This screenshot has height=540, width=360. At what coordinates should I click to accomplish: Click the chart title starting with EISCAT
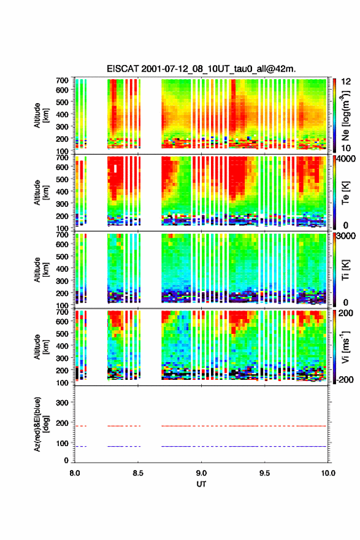coord(201,69)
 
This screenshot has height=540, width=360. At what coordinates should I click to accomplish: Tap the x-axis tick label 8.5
coord(137,473)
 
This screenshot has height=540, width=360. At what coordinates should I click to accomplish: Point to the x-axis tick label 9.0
coord(201,473)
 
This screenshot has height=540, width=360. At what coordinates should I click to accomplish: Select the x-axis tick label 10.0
coord(328,473)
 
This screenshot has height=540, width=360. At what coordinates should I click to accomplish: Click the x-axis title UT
coord(201,484)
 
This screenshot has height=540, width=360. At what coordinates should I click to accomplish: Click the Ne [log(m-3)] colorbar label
coord(345,116)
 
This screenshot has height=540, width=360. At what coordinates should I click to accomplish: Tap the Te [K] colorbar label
coord(345,193)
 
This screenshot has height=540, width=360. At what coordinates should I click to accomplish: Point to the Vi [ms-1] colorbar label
coord(345,347)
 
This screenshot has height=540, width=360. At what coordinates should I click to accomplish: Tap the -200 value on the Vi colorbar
coord(345,380)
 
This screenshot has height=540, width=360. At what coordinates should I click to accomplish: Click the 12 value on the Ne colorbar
coord(346,82)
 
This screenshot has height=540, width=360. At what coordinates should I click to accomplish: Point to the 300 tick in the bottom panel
coord(62,403)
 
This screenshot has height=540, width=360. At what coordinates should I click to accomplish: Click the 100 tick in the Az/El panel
coord(62,443)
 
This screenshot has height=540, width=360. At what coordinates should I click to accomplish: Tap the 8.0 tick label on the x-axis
coord(75,473)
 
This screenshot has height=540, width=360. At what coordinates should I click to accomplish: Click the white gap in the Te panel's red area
coord(116,168)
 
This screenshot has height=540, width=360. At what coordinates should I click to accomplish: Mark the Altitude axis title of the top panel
coord(40,115)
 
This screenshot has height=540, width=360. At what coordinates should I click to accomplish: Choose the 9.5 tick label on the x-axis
coord(264,473)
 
